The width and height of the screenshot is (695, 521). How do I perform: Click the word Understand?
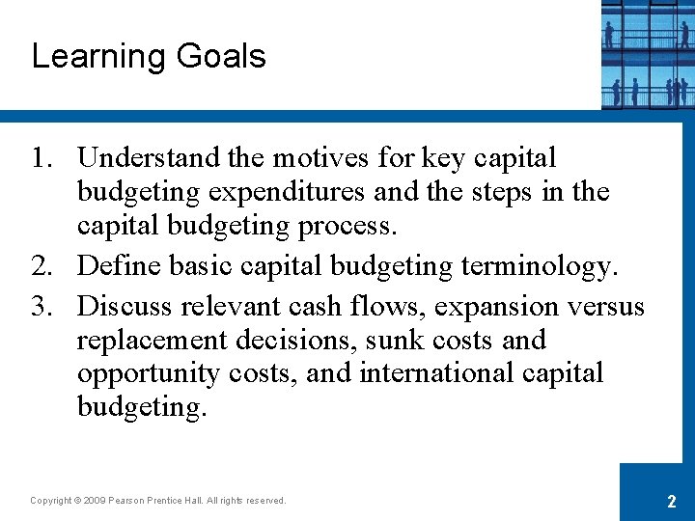[150, 157]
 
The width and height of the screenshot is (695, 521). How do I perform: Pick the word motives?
[318, 157]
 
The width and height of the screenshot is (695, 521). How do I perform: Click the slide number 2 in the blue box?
[670, 501]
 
